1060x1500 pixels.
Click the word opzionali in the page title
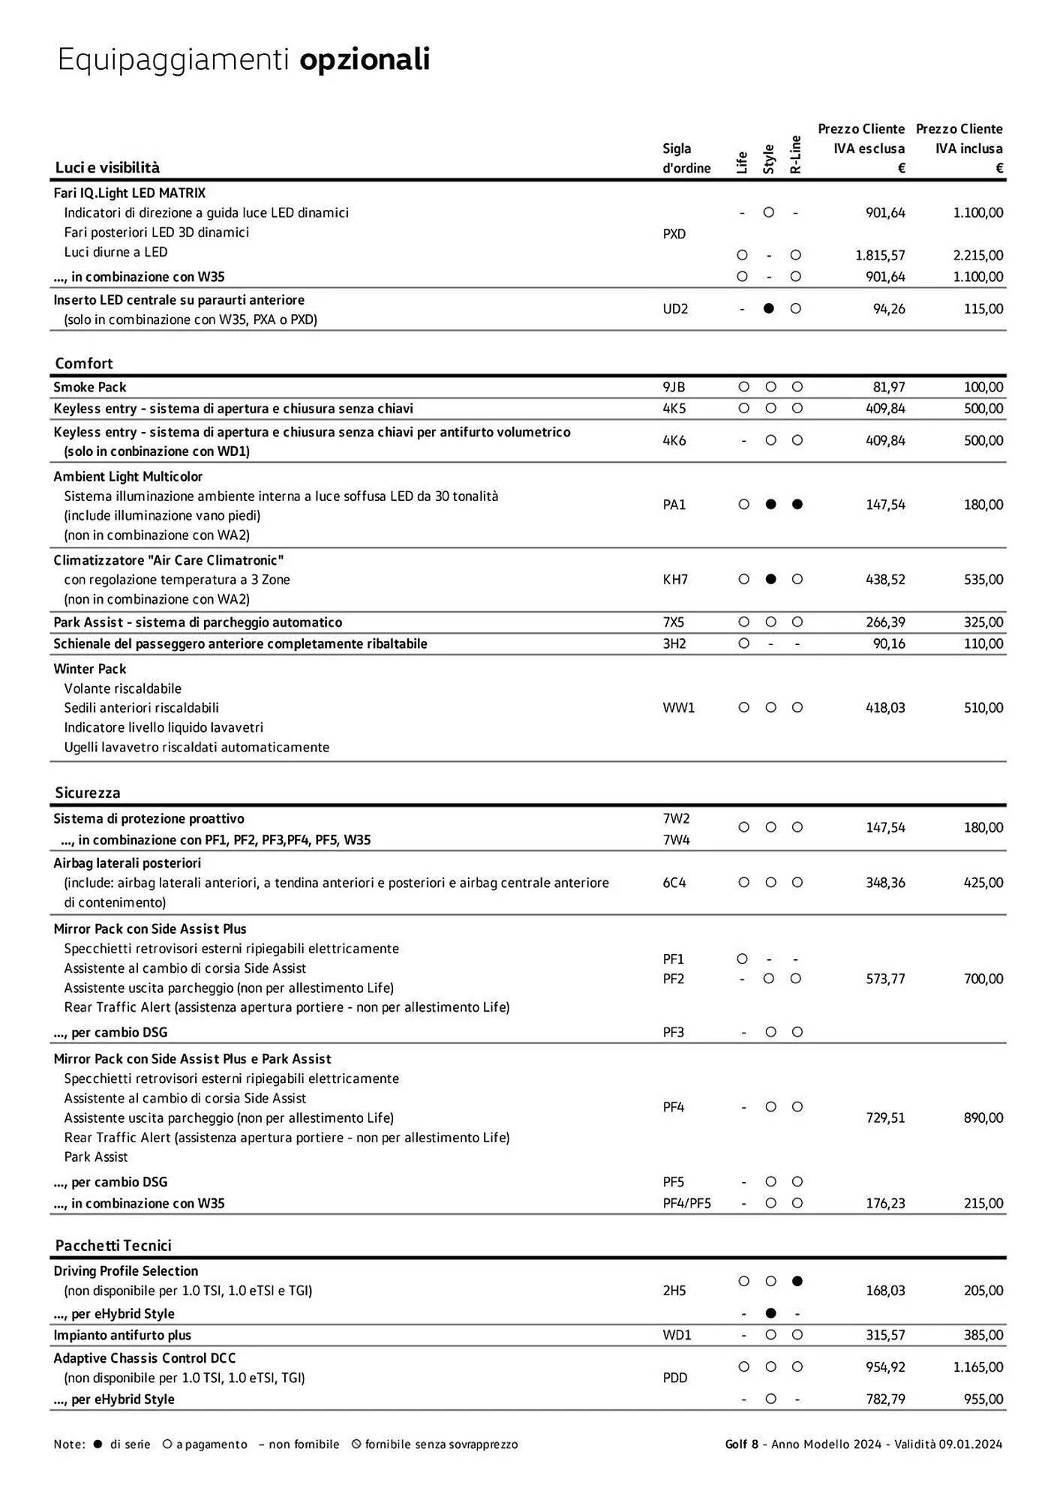click(x=365, y=60)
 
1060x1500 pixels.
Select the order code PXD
click(x=674, y=234)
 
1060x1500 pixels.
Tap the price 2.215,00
click(x=977, y=255)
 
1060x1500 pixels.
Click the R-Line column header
click(x=796, y=154)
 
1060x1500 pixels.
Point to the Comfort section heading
click(x=84, y=364)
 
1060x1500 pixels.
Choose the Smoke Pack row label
click(x=90, y=387)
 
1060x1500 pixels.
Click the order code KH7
click(x=674, y=580)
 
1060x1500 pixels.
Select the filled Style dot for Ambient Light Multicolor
click(x=770, y=505)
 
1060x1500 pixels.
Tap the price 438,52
click(x=885, y=580)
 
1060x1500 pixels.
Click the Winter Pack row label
click(x=90, y=669)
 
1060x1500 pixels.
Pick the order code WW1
click(x=678, y=708)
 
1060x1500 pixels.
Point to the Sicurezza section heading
click(x=88, y=793)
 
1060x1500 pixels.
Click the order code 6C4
click(x=674, y=883)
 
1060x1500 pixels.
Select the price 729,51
click(x=885, y=1117)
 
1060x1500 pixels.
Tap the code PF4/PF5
click(x=686, y=1203)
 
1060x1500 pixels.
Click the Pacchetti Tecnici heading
click(x=113, y=1245)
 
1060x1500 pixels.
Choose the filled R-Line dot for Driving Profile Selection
click(x=797, y=1281)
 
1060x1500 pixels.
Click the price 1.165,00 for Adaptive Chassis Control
click(x=977, y=1366)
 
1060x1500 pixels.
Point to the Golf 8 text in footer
click(x=741, y=1444)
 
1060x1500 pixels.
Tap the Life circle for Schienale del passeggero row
click(x=743, y=643)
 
